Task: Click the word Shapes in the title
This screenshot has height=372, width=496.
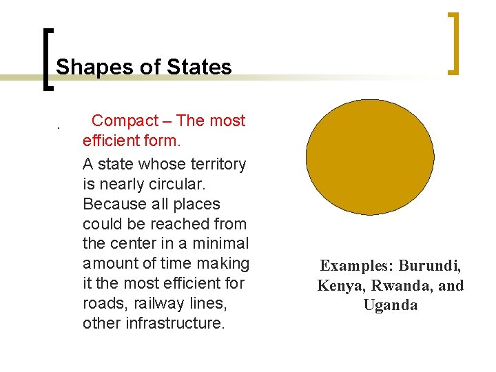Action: click(84, 68)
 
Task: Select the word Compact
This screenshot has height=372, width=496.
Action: click(125, 121)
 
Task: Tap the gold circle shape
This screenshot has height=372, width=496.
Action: click(370, 156)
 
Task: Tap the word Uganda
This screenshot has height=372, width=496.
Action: click(391, 305)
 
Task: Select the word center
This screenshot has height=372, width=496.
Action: click(136, 243)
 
